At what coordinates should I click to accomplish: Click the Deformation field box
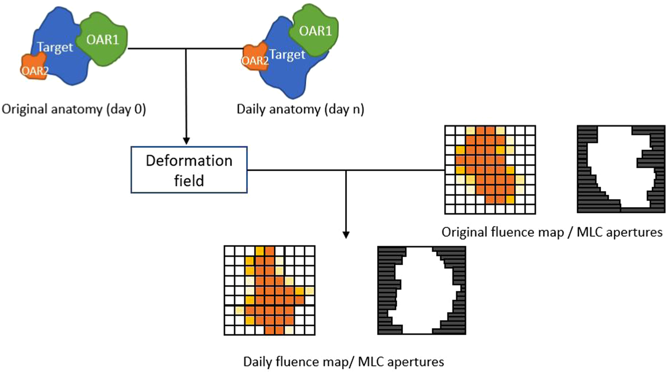click(x=189, y=170)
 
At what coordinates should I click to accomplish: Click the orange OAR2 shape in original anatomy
click(x=34, y=67)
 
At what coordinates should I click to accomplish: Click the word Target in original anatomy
click(x=55, y=48)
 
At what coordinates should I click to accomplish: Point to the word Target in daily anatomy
click(x=287, y=55)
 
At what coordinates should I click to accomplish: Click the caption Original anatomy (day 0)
click(x=74, y=109)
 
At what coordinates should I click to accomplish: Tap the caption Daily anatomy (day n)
click(x=300, y=109)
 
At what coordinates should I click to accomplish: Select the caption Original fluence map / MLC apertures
click(x=552, y=232)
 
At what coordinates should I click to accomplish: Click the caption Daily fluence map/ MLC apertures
click(x=343, y=362)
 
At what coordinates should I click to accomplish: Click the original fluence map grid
click(x=490, y=170)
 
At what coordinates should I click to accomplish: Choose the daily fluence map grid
click(x=270, y=290)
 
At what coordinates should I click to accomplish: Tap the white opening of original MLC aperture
click(x=617, y=171)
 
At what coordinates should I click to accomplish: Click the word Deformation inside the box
click(x=189, y=161)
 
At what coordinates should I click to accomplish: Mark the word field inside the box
click(x=189, y=181)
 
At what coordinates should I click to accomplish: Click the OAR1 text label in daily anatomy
click(x=315, y=31)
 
